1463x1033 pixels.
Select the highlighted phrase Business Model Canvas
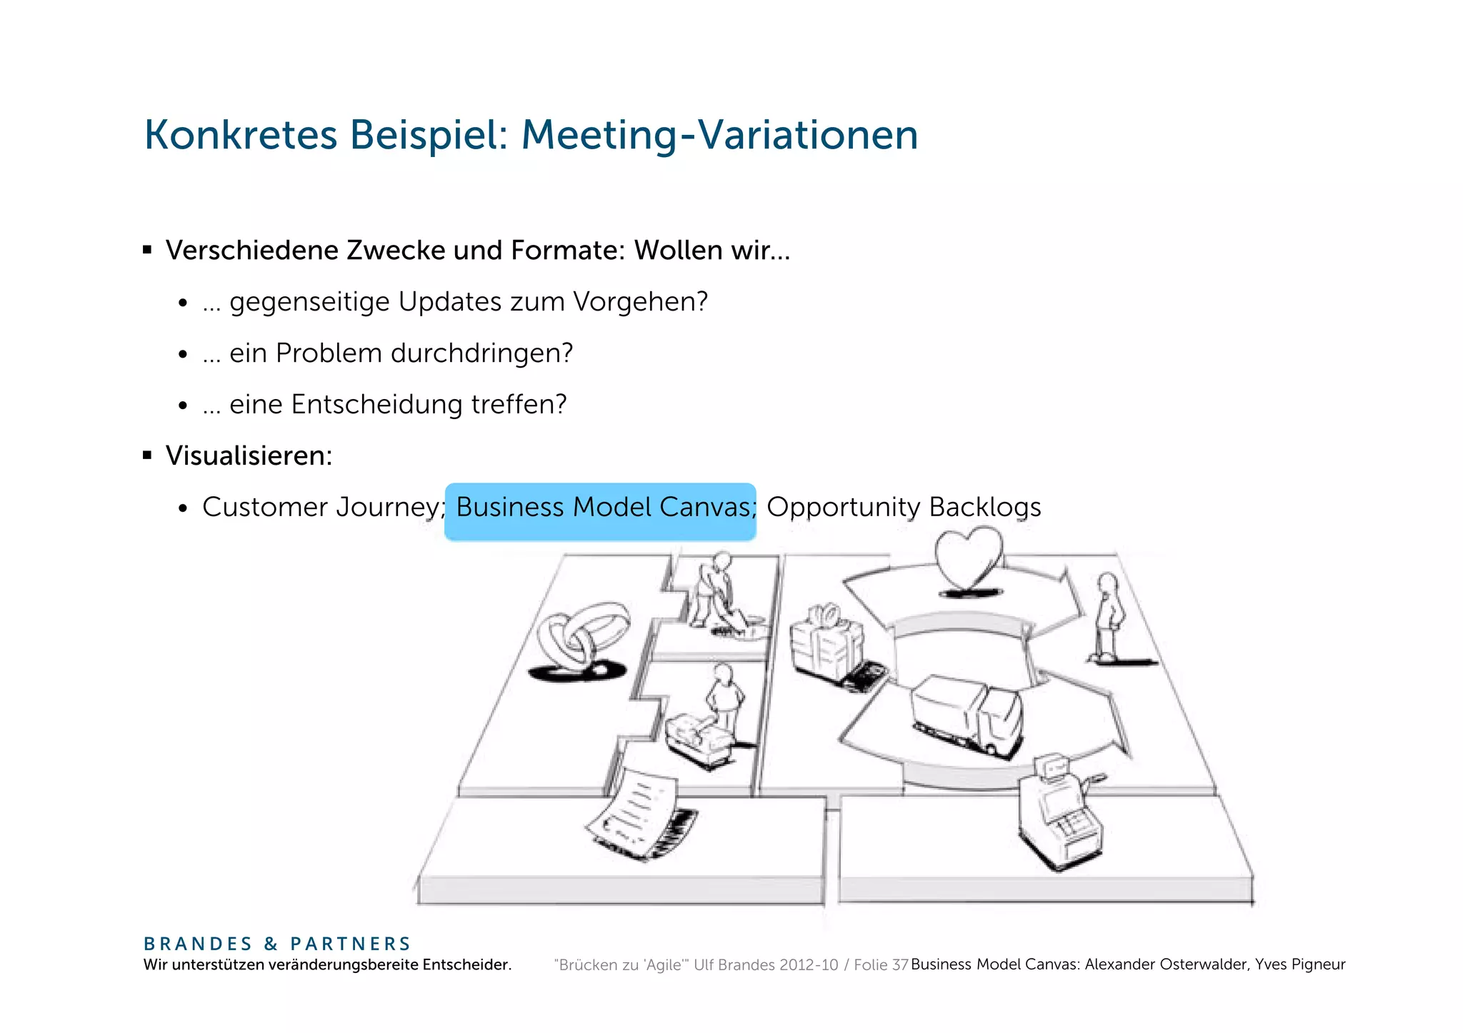[x=600, y=508]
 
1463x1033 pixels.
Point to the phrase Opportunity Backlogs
[x=904, y=508]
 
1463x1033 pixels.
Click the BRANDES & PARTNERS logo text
[x=277, y=944]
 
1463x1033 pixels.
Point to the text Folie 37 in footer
[x=880, y=965]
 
